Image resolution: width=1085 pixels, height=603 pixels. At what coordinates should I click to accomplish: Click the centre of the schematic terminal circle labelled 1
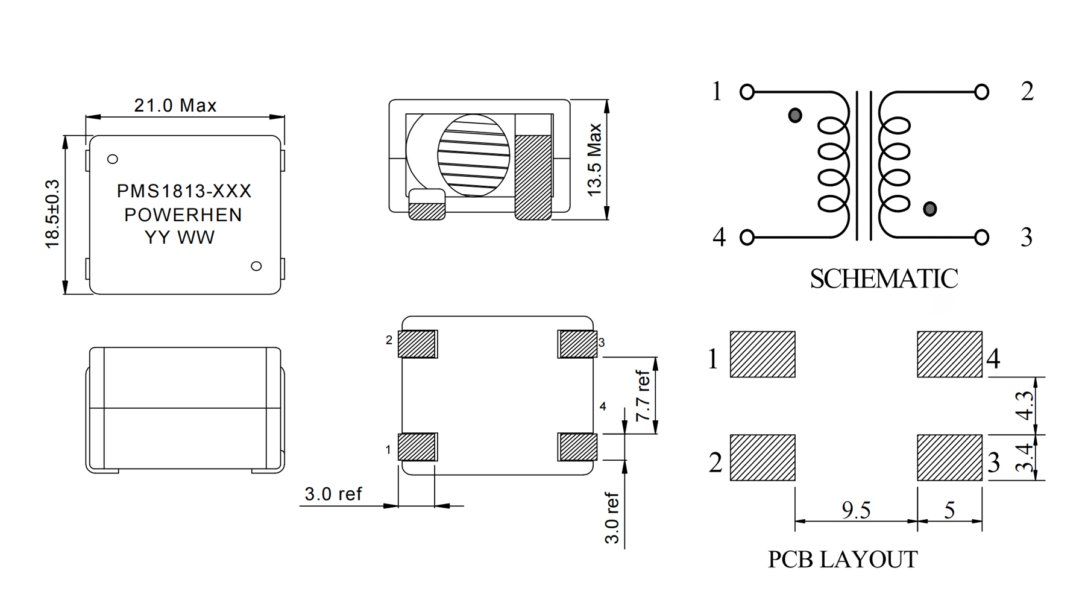click(x=747, y=92)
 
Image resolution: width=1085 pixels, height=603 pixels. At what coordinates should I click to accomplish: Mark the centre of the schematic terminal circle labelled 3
click(x=981, y=238)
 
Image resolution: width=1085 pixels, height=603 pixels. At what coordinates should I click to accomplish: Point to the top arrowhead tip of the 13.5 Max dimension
click(x=606, y=100)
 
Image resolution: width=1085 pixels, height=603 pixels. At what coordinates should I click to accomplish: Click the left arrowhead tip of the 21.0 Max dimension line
click(x=86, y=117)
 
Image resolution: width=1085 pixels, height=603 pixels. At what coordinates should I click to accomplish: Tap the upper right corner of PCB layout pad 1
click(x=795, y=332)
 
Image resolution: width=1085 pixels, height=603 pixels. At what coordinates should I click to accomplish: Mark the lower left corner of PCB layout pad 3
click(x=917, y=481)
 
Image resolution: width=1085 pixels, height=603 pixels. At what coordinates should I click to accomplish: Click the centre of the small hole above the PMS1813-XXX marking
click(x=112, y=159)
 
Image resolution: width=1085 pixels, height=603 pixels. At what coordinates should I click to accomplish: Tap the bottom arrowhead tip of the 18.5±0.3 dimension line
click(x=65, y=294)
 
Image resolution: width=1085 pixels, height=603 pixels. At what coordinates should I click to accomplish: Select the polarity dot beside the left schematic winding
click(x=795, y=115)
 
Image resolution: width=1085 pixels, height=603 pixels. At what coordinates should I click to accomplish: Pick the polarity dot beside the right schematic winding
click(x=929, y=209)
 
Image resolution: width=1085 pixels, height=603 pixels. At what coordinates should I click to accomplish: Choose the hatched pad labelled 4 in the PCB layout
click(x=949, y=355)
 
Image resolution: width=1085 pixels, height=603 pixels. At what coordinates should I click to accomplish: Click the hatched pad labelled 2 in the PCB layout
click(x=763, y=458)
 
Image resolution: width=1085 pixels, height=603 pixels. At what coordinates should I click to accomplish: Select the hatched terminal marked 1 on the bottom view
click(x=417, y=447)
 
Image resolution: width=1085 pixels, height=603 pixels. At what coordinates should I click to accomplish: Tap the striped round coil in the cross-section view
click(x=474, y=156)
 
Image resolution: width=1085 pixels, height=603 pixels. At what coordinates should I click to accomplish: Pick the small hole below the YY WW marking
click(x=256, y=266)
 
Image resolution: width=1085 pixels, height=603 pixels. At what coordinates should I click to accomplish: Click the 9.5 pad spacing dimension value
click(x=856, y=510)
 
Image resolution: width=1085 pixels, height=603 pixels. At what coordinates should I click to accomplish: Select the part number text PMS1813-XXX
click(x=184, y=191)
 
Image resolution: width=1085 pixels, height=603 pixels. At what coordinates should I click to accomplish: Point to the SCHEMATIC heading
click(x=884, y=279)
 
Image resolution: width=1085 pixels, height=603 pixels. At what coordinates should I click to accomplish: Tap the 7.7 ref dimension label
click(x=644, y=396)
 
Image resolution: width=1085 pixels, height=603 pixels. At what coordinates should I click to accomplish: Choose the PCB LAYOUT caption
click(x=843, y=560)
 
